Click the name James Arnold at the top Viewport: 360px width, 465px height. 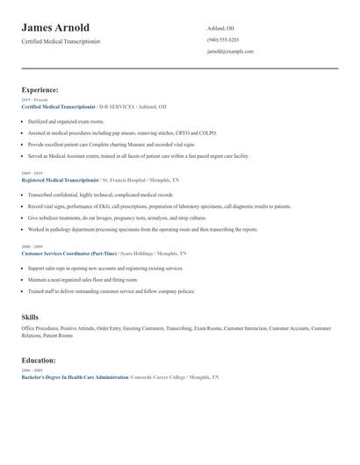[x=55, y=28]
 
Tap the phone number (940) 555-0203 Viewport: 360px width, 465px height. [x=224, y=40]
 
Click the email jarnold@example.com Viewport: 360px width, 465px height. [x=230, y=52]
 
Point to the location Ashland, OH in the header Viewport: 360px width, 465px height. [x=222, y=29]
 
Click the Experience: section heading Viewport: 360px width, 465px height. [x=40, y=89]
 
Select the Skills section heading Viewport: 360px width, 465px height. [x=30, y=316]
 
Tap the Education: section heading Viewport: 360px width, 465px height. [x=39, y=360]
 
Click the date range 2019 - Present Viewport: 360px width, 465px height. [x=34, y=100]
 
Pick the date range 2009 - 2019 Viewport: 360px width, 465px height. [x=32, y=174]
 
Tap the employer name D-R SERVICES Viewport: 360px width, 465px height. [x=117, y=106]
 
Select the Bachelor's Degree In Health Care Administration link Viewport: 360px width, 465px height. [x=75, y=376]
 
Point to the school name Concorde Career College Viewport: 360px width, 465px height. [x=162, y=376]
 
